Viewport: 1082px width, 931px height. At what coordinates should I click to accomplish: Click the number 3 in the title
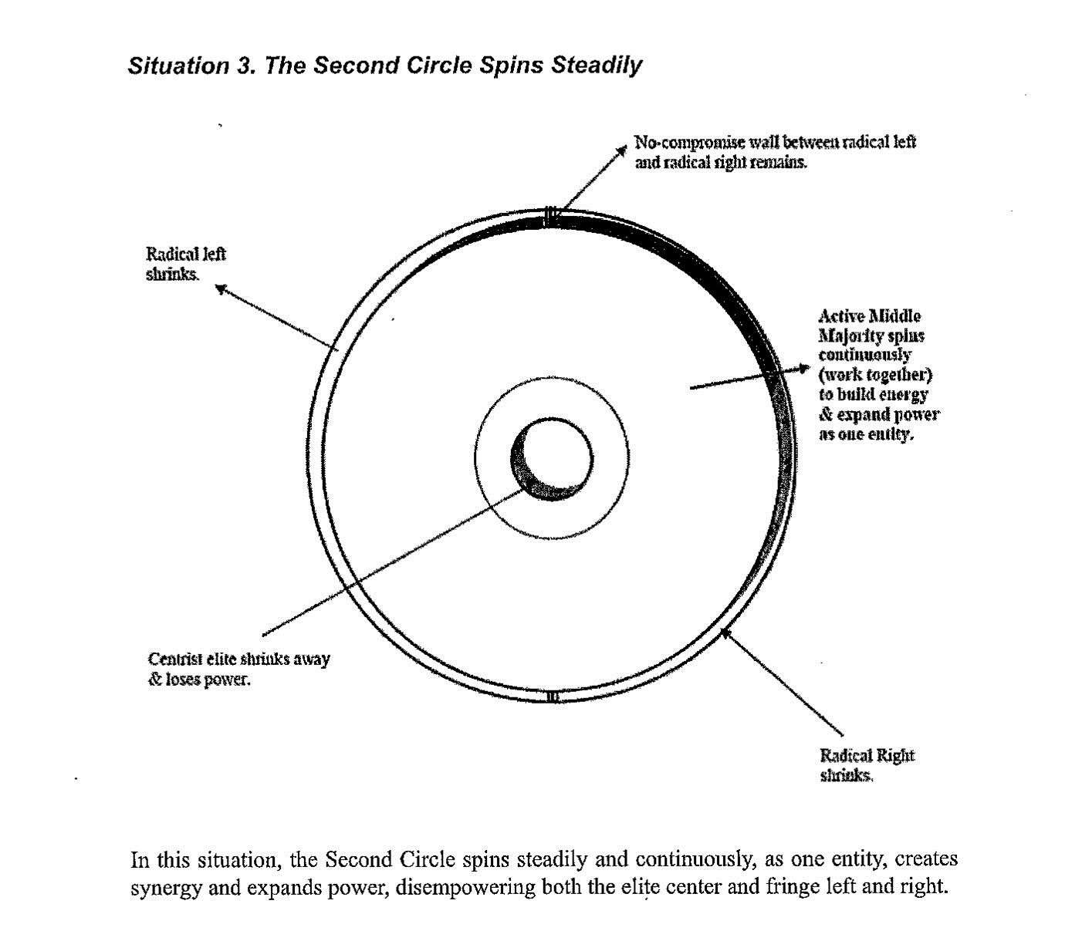pos(245,66)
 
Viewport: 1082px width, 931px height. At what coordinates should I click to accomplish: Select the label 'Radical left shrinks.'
pos(185,264)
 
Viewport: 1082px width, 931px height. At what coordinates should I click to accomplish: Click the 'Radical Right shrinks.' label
pos(867,765)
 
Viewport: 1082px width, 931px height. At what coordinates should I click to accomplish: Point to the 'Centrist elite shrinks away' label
pos(238,659)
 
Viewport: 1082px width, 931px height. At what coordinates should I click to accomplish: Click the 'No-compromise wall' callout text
pos(775,152)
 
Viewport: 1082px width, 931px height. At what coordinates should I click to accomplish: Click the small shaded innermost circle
pos(552,459)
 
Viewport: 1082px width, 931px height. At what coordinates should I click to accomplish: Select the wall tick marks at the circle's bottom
pos(553,697)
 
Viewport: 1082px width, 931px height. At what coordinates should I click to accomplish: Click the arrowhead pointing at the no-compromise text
pos(621,150)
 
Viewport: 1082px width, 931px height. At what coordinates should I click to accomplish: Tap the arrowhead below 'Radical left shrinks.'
pos(221,288)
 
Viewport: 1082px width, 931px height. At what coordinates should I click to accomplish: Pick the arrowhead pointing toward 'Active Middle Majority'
pos(804,369)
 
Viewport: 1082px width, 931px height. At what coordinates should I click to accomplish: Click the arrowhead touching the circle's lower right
pos(726,634)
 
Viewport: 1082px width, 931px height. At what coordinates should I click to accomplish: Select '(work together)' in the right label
pos(875,375)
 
